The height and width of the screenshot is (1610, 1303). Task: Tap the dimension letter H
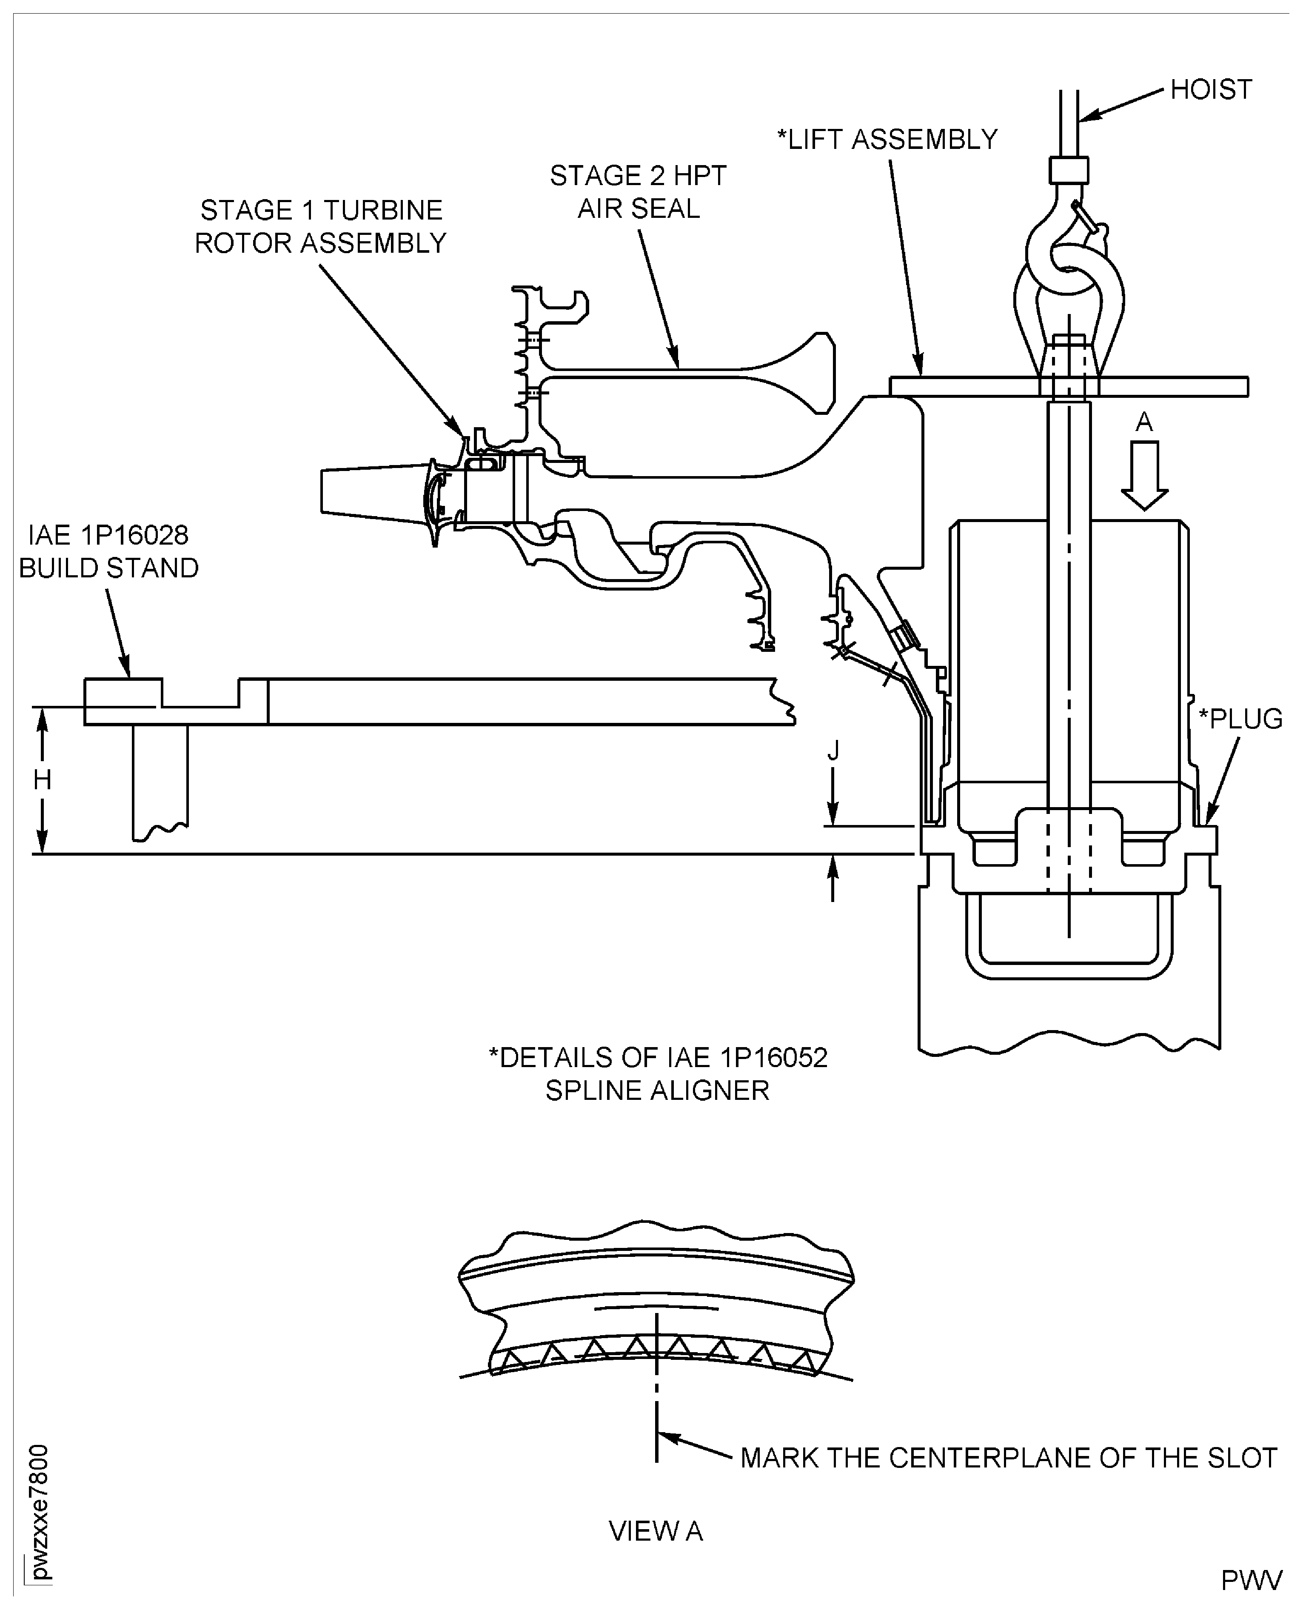pos(42,781)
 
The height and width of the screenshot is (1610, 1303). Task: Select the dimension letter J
pos(833,750)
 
